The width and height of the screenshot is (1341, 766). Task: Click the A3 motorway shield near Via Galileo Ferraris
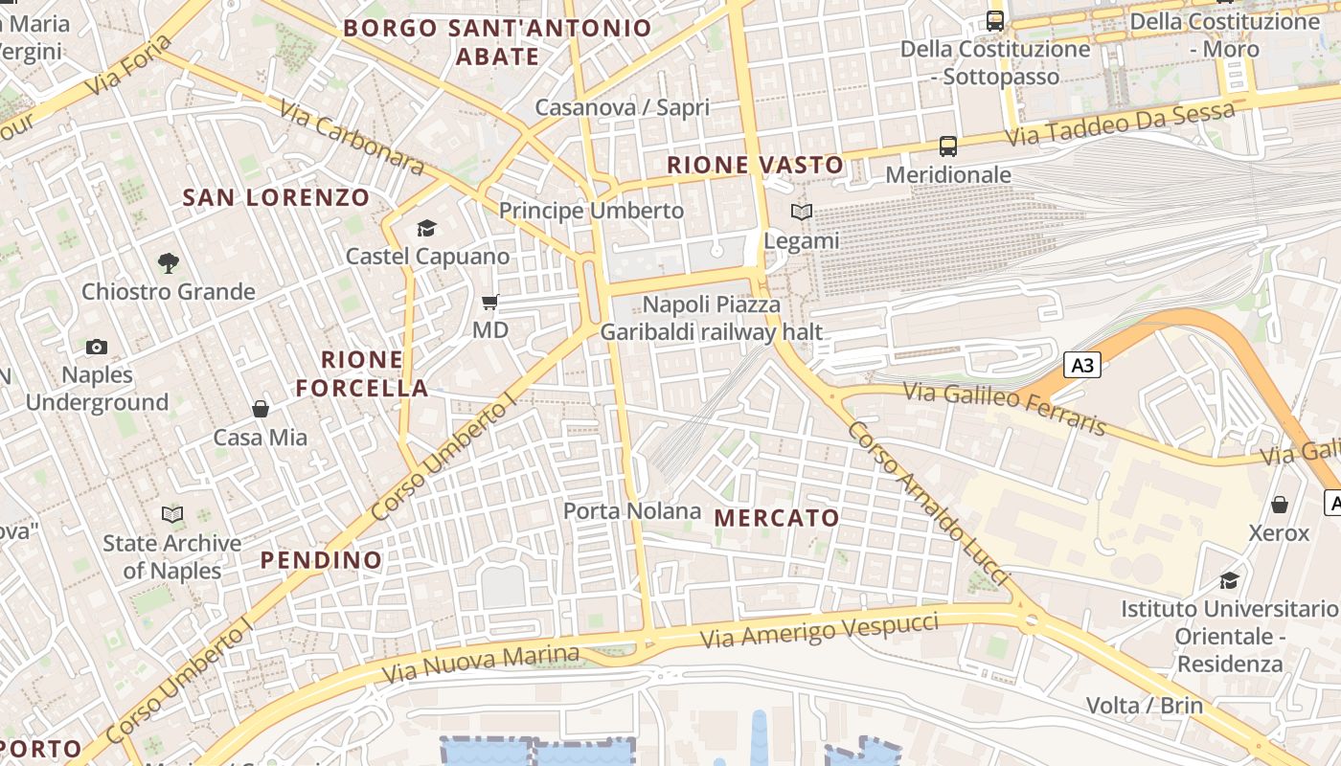[x=1082, y=365]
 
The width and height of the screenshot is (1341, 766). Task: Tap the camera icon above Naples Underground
[x=97, y=347]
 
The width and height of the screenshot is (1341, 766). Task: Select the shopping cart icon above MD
[x=490, y=303]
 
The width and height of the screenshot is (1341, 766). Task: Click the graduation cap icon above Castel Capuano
[x=426, y=228]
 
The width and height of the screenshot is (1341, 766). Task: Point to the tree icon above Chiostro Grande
[x=169, y=262]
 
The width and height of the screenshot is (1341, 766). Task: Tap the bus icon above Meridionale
[x=948, y=146]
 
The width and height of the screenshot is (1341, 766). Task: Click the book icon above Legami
[x=802, y=213]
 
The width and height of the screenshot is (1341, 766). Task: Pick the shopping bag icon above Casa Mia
[x=261, y=410]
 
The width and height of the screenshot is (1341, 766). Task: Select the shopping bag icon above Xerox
[x=1280, y=505]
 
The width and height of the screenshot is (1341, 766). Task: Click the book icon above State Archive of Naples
[x=172, y=515]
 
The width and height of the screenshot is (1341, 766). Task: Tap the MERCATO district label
[x=777, y=518]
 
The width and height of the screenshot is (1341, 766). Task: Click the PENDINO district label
[x=321, y=560]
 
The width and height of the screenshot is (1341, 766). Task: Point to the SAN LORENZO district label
[x=276, y=198]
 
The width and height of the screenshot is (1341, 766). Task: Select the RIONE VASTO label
[x=755, y=165]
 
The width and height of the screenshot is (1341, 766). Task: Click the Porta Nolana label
[x=632, y=511]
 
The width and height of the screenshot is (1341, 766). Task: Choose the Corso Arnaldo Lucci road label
[x=926, y=502]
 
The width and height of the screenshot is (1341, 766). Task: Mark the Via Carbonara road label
[x=352, y=138]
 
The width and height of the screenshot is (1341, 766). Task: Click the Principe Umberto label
[x=591, y=211]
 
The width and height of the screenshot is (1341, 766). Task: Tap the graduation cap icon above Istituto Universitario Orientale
[x=1229, y=580]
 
